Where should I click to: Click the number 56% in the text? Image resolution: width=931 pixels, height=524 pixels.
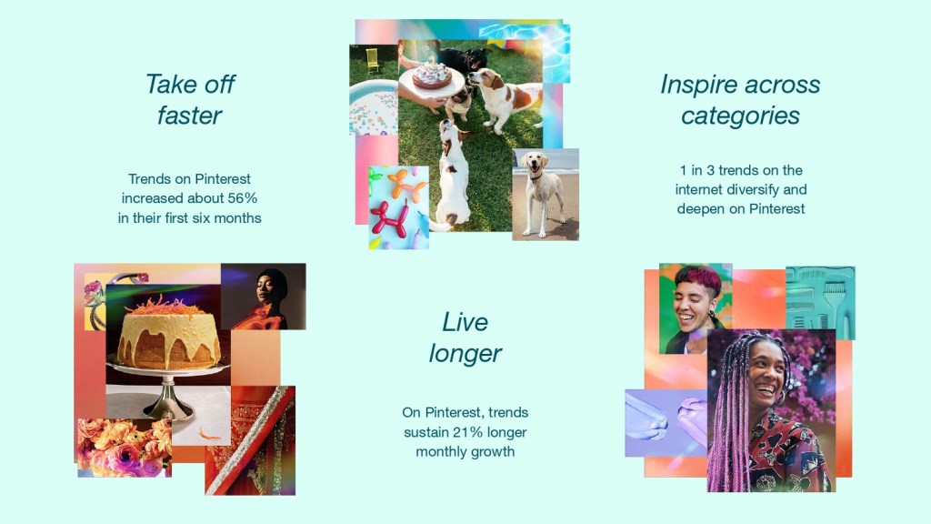242,197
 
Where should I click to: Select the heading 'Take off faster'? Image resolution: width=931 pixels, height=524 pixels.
190,99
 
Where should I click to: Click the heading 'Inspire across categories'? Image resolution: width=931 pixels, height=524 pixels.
740,99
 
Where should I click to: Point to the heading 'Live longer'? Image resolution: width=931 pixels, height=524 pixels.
465,338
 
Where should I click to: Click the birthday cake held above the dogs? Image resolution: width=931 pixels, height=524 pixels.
432,76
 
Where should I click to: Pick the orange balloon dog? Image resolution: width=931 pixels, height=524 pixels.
406,184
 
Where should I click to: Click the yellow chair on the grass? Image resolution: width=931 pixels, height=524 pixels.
372,60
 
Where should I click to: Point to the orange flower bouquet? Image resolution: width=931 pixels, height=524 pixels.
125,448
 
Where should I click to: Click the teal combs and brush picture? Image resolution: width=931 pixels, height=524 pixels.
821,302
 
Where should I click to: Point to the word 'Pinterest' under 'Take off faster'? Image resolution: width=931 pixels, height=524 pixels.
223,179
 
